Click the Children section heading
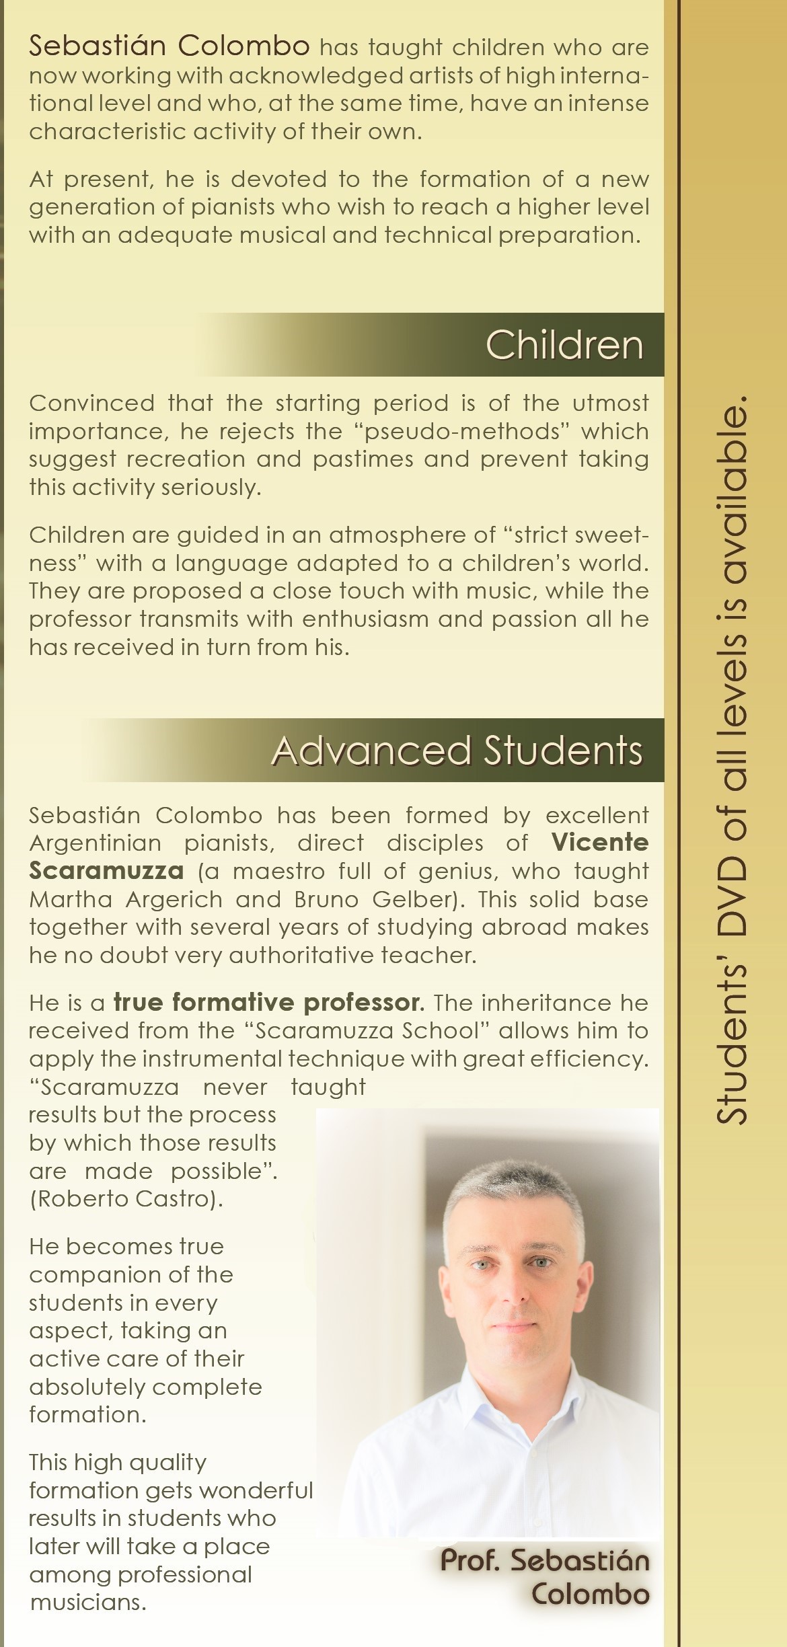pos(564,345)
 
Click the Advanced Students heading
pos(457,751)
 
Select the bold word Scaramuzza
pos(106,871)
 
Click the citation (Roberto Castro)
pos(126,1200)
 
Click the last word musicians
pos(87,1603)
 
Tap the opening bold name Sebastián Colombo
pos(170,46)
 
